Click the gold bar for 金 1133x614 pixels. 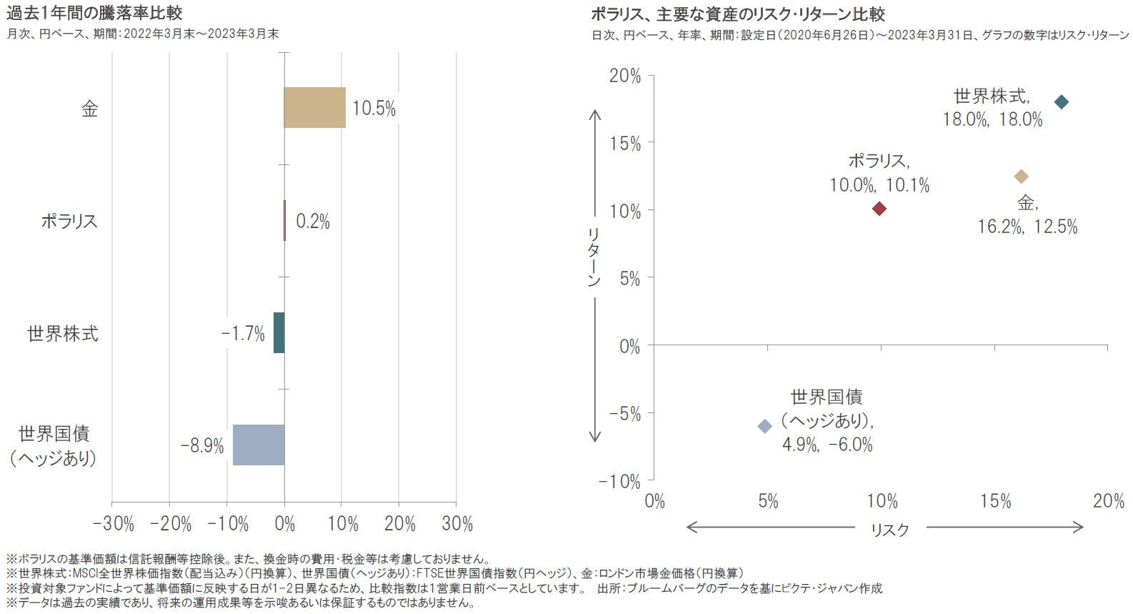314,108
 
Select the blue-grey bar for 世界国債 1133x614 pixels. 259,445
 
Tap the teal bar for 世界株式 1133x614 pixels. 279,332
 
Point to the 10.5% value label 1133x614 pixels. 374,109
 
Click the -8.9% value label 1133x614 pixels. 202,446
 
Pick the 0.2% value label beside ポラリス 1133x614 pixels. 313,222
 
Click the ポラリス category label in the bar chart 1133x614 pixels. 69,221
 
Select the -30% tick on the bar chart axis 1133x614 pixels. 114,524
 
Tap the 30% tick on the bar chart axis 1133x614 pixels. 457,524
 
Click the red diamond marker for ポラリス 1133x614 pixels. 879,208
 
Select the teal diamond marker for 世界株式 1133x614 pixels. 1062,101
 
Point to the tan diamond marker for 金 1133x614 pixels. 1021,177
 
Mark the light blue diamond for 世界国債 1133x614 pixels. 764,426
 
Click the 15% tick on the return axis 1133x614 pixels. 625,144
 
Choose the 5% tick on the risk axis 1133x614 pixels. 768,501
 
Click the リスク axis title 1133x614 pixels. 890,530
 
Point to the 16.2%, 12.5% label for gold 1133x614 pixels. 1027,227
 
